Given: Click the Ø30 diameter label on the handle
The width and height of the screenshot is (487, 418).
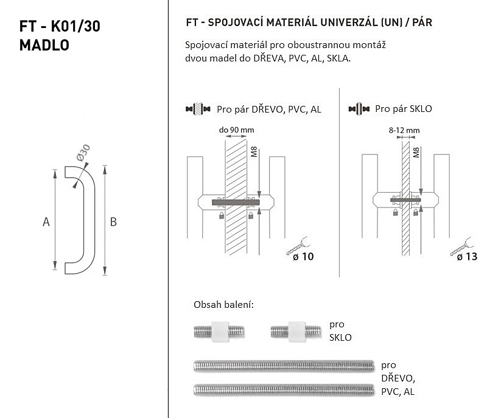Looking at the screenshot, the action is pyautogui.click(x=83, y=153).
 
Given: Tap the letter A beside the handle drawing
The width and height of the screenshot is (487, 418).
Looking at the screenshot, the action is pyautogui.click(x=46, y=222).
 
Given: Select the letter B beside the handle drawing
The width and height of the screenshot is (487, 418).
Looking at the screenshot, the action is pyautogui.click(x=113, y=222).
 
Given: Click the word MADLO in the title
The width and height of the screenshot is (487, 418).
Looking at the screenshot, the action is pyautogui.click(x=44, y=45).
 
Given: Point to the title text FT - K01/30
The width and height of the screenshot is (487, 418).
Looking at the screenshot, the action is pyautogui.click(x=60, y=26).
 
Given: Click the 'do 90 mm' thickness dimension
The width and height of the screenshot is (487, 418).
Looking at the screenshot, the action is pyautogui.click(x=236, y=130).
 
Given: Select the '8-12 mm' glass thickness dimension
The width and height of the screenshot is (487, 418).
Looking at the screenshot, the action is pyautogui.click(x=404, y=130).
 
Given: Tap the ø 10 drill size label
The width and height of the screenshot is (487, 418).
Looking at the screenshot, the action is pyautogui.click(x=303, y=257).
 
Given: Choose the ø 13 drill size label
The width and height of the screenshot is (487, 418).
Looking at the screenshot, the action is pyautogui.click(x=467, y=257).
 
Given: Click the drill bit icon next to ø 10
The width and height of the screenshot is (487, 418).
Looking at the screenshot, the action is pyautogui.click(x=298, y=246).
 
